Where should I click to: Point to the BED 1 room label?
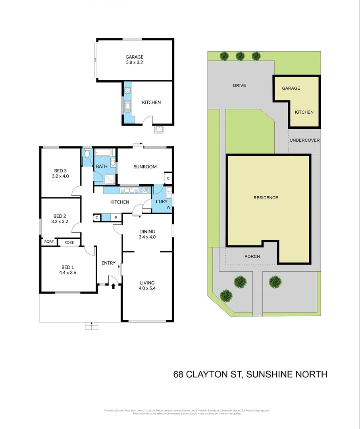coord(67,267)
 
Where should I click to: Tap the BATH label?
coord(101,166)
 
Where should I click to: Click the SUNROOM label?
coord(145,167)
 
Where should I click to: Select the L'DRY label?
coord(161,201)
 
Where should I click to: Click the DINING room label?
coord(147,232)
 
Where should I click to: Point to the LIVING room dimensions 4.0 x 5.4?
coord(147,288)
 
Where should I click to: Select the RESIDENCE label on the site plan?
coord(266,197)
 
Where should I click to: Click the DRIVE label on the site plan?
coord(239,85)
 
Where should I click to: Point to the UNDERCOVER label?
coord(304,140)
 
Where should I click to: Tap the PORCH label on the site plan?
coord(252,256)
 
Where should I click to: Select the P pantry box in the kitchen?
coord(116,218)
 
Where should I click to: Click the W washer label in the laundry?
coord(168,207)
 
